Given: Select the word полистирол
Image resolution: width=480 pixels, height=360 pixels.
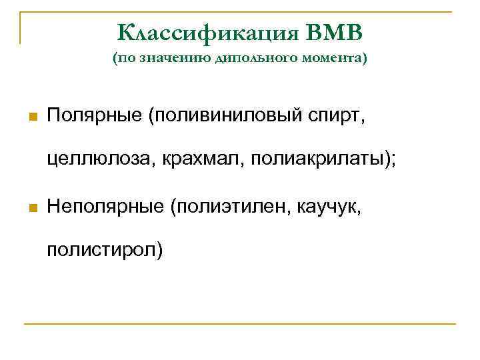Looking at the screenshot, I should coord(101,251).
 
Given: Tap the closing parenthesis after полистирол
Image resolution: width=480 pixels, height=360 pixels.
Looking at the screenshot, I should coord(159,252).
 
